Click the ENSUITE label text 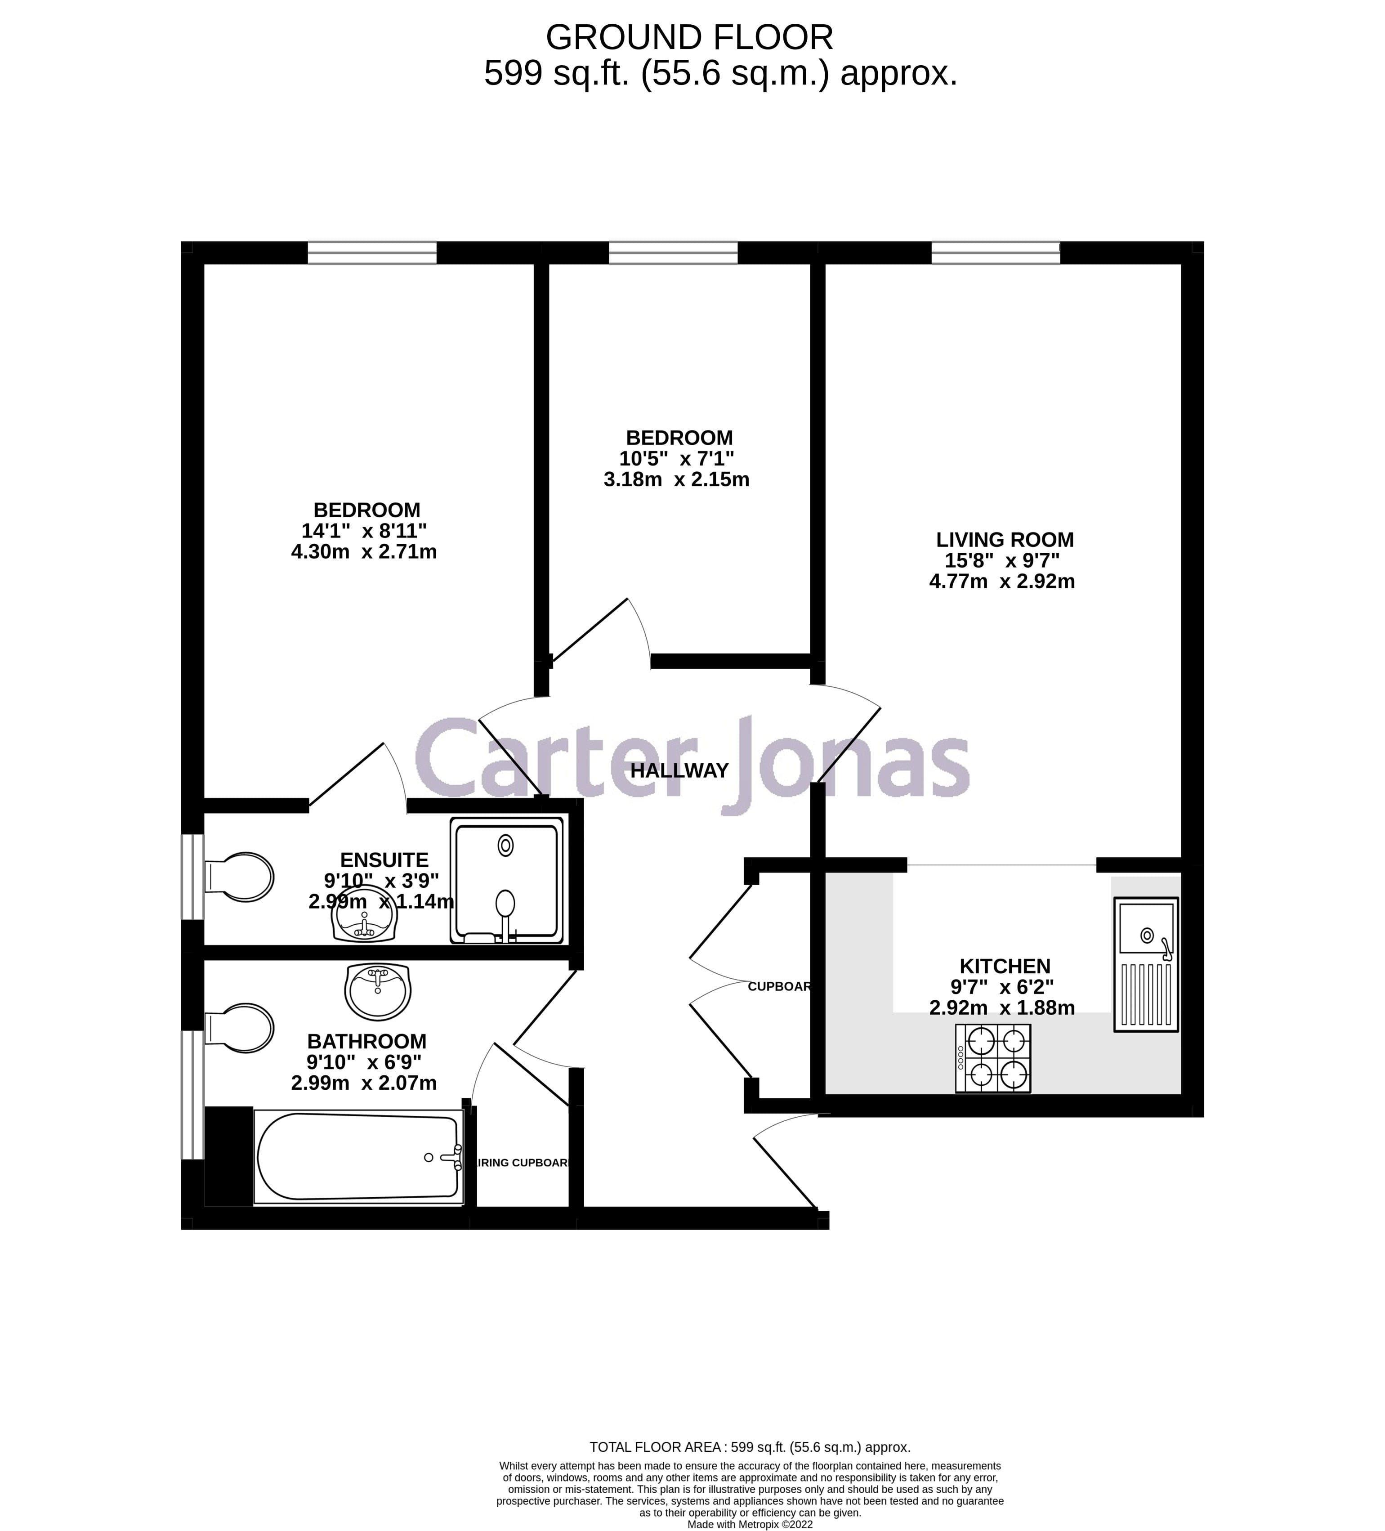384,860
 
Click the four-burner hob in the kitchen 992,1058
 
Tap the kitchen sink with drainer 1145,964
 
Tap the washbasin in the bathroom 377,992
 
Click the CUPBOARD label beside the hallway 779,986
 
